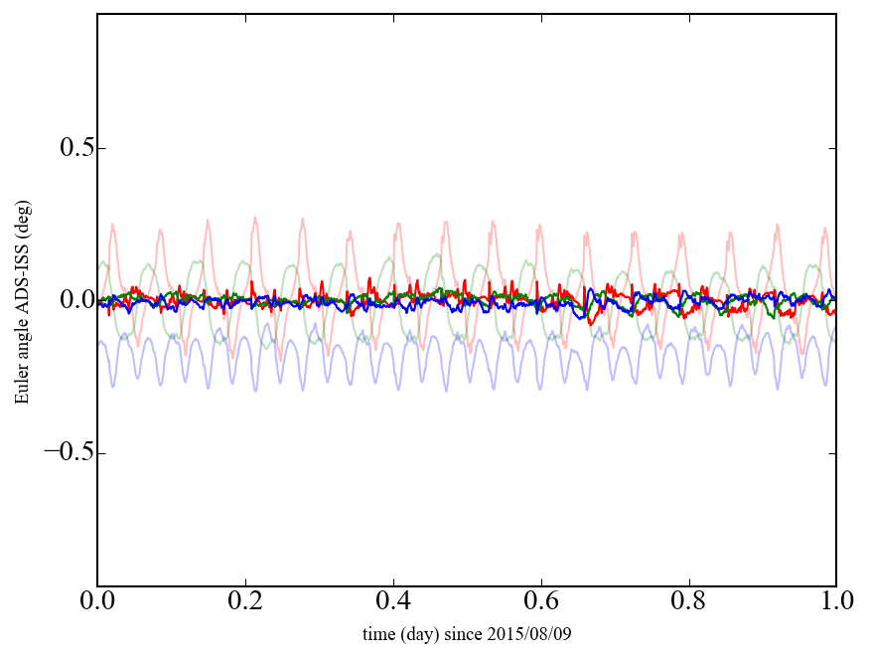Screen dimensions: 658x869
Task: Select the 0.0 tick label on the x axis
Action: point(97,602)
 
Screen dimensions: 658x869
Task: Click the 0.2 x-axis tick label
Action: point(245,602)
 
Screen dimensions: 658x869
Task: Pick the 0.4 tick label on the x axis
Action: point(393,602)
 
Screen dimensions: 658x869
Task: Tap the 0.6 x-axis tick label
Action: point(541,602)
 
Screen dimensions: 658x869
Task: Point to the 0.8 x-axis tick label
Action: point(688,602)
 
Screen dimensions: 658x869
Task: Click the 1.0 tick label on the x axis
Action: point(835,602)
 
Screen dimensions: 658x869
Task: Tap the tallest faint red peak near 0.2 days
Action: point(255,219)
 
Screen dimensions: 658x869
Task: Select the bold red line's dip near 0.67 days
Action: point(590,322)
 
